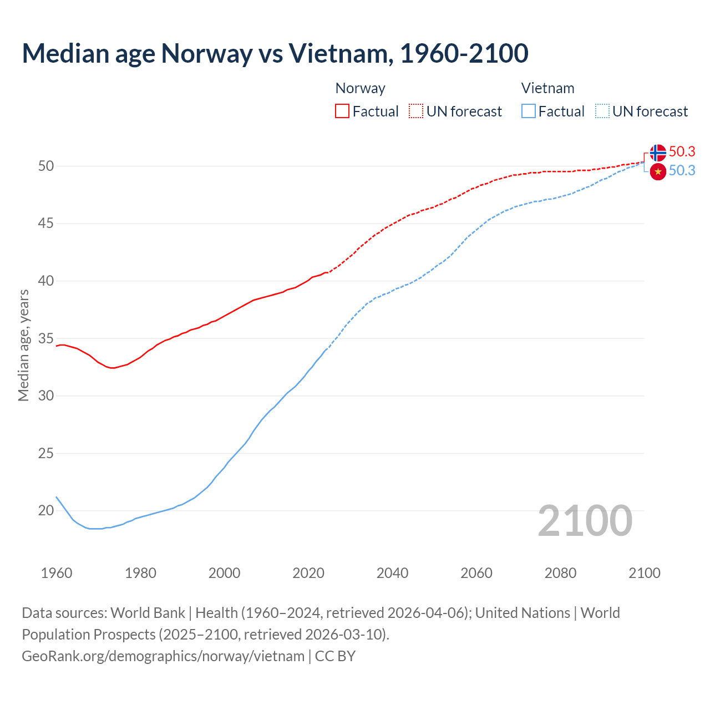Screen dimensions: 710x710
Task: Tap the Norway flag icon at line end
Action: [658, 153]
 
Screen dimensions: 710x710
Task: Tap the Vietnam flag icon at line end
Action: [658, 172]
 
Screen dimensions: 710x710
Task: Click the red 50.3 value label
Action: [682, 151]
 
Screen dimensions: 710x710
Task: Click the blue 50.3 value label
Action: [682, 170]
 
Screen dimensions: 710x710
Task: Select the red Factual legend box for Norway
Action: [342, 111]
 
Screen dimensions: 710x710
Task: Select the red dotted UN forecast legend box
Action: [416, 111]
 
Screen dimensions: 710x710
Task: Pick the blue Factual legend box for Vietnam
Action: [529, 111]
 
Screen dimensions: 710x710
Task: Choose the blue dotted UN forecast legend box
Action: [602, 111]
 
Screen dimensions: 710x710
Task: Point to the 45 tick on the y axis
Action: [46, 224]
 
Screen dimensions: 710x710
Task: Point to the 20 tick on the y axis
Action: [46, 510]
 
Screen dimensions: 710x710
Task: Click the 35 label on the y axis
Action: [46, 338]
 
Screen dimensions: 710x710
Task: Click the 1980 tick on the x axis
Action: [140, 573]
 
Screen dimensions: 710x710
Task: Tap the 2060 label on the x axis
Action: [476, 573]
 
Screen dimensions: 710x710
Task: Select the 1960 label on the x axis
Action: [57, 573]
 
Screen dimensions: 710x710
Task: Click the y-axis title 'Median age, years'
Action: [23, 345]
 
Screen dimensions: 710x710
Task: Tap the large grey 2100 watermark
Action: [585, 520]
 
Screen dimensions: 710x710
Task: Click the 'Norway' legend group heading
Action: [360, 88]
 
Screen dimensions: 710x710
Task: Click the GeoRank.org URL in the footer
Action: [163, 656]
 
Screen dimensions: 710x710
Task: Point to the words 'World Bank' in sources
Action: [148, 613]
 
